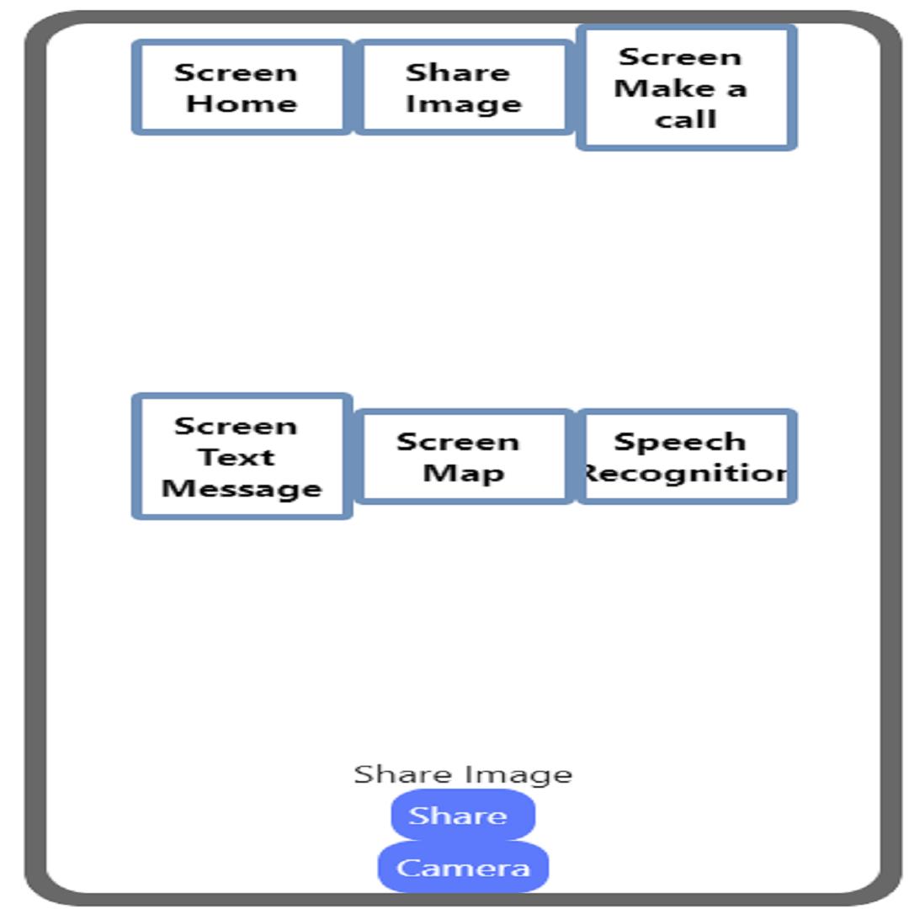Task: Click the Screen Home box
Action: tap(242, 88)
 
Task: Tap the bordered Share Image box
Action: tap(464, 88)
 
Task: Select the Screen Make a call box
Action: tap(687, 88)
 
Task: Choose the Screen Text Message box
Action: tap(242, 456)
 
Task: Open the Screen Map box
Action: tap(464, 456)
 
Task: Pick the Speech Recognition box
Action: tap(687, 456)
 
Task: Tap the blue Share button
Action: tap(463, 815)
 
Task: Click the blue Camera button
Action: tap(463, 867)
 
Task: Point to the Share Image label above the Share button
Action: tap(463, 774)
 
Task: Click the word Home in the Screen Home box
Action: tap(242, 104)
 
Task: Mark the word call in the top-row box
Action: tap(686, 120)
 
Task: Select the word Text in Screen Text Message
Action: tap(237, 457)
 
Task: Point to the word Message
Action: tap(242, 488)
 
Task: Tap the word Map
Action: tap(463, 474)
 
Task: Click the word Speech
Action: tap(680, 443)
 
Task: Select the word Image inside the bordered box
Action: tap(464, 105)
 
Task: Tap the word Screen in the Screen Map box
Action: tap(458, 442)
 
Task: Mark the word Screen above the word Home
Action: tap(236, 72)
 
